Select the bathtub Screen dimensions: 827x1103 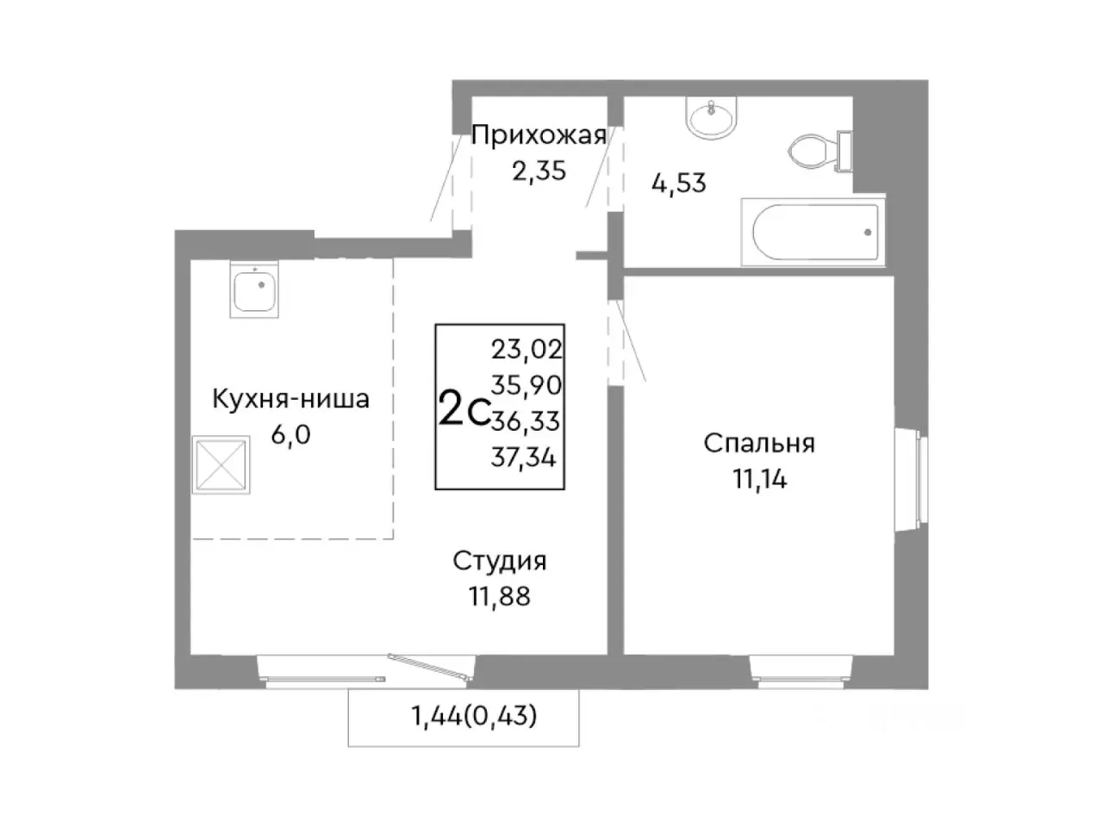815,231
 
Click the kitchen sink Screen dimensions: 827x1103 254,292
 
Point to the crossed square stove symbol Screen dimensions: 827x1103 221,465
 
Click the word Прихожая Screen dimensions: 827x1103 539,135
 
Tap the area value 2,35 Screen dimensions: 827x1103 539,171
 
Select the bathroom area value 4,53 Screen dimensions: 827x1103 678,183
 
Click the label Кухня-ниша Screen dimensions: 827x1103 290,399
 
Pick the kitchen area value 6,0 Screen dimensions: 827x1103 290,435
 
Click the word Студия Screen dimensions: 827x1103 500,561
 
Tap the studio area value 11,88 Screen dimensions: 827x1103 500,596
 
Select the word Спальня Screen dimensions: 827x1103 759,444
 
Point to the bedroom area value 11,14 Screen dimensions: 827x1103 759,480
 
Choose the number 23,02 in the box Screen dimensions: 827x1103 526,349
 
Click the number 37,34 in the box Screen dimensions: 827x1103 524,457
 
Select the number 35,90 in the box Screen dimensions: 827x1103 526,385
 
